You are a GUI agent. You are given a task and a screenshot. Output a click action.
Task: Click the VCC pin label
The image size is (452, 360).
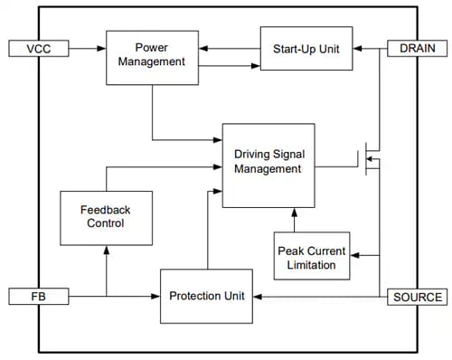pyautogui.click(x=36, y=47)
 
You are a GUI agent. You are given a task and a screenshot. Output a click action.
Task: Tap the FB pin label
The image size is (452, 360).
pyautogui.click(x=36, y=296)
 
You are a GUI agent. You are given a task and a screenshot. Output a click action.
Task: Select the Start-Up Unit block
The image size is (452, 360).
pyautogui.click(x=306, y=48)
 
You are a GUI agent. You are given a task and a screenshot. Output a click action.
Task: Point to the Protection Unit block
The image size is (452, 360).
pyautogui.click(x=207, y=296)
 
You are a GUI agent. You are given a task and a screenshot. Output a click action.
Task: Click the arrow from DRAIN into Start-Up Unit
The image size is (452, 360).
pyautogui.click(x=371, y=47)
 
